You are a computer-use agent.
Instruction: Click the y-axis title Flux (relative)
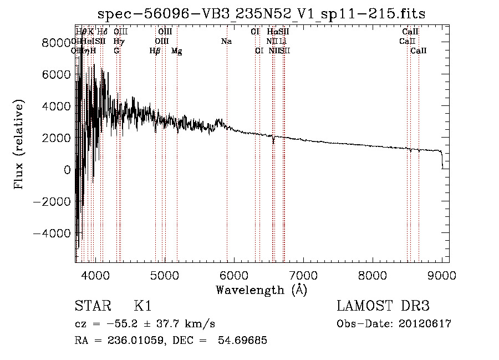(x=20, y=145)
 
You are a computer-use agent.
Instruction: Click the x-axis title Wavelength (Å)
(x=261, y=290)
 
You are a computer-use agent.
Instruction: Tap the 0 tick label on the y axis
(x=68, y=170)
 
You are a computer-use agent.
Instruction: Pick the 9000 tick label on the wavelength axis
(x=442, y=275)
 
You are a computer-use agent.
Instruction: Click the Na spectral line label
(x=226, y=42)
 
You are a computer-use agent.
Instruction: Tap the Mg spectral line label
(x=176, y=51)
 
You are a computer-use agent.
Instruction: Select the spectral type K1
(x=142, y=306)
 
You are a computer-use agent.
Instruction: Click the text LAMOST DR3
(x=383, y=306)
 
